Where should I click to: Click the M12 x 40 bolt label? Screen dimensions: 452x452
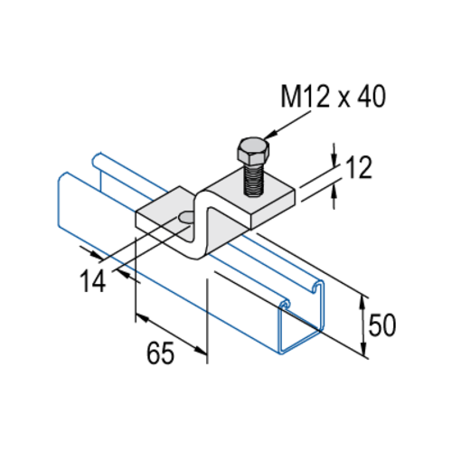333,96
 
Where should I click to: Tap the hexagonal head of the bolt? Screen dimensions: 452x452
253,150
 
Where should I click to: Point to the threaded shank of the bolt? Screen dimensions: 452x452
254,180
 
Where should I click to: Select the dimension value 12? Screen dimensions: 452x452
359,168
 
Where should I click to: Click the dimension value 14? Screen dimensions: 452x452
93,281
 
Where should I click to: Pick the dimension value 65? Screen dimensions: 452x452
160,353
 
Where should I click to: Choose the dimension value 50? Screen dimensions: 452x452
382,325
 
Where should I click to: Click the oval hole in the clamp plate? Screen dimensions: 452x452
185,216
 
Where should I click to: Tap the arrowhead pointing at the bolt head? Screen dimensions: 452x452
270,135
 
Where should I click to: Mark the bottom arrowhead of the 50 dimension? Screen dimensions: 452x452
363,348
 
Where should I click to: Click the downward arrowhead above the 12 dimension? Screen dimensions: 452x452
334,160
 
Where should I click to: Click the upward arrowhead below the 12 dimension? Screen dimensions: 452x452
334,191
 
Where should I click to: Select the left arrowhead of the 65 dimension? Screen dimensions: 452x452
143,318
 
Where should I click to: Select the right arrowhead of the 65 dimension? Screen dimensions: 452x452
200,351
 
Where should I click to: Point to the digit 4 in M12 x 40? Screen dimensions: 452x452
364,96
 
